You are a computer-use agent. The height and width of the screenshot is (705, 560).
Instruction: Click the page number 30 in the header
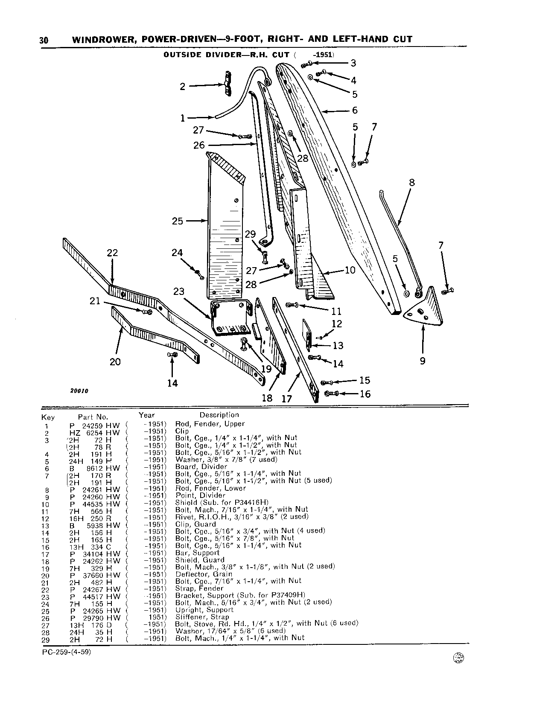44,41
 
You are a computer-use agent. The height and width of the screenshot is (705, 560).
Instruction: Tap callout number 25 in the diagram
178,221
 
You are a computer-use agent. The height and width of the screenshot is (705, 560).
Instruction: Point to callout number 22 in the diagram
112,253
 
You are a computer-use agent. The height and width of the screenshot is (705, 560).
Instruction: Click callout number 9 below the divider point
423,361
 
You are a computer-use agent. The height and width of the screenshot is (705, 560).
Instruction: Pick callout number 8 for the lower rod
412,182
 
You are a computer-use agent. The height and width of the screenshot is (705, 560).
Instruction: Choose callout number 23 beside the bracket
179,291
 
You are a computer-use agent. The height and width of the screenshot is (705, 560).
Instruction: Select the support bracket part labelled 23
231,318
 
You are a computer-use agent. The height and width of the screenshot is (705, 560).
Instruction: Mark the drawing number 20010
80,390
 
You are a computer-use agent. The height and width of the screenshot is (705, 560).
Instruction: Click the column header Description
219,415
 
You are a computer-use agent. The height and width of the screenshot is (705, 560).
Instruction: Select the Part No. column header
93,417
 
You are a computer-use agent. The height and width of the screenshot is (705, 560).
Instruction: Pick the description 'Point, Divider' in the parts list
200,495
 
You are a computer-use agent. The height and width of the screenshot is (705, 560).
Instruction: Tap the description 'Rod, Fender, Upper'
210,424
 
